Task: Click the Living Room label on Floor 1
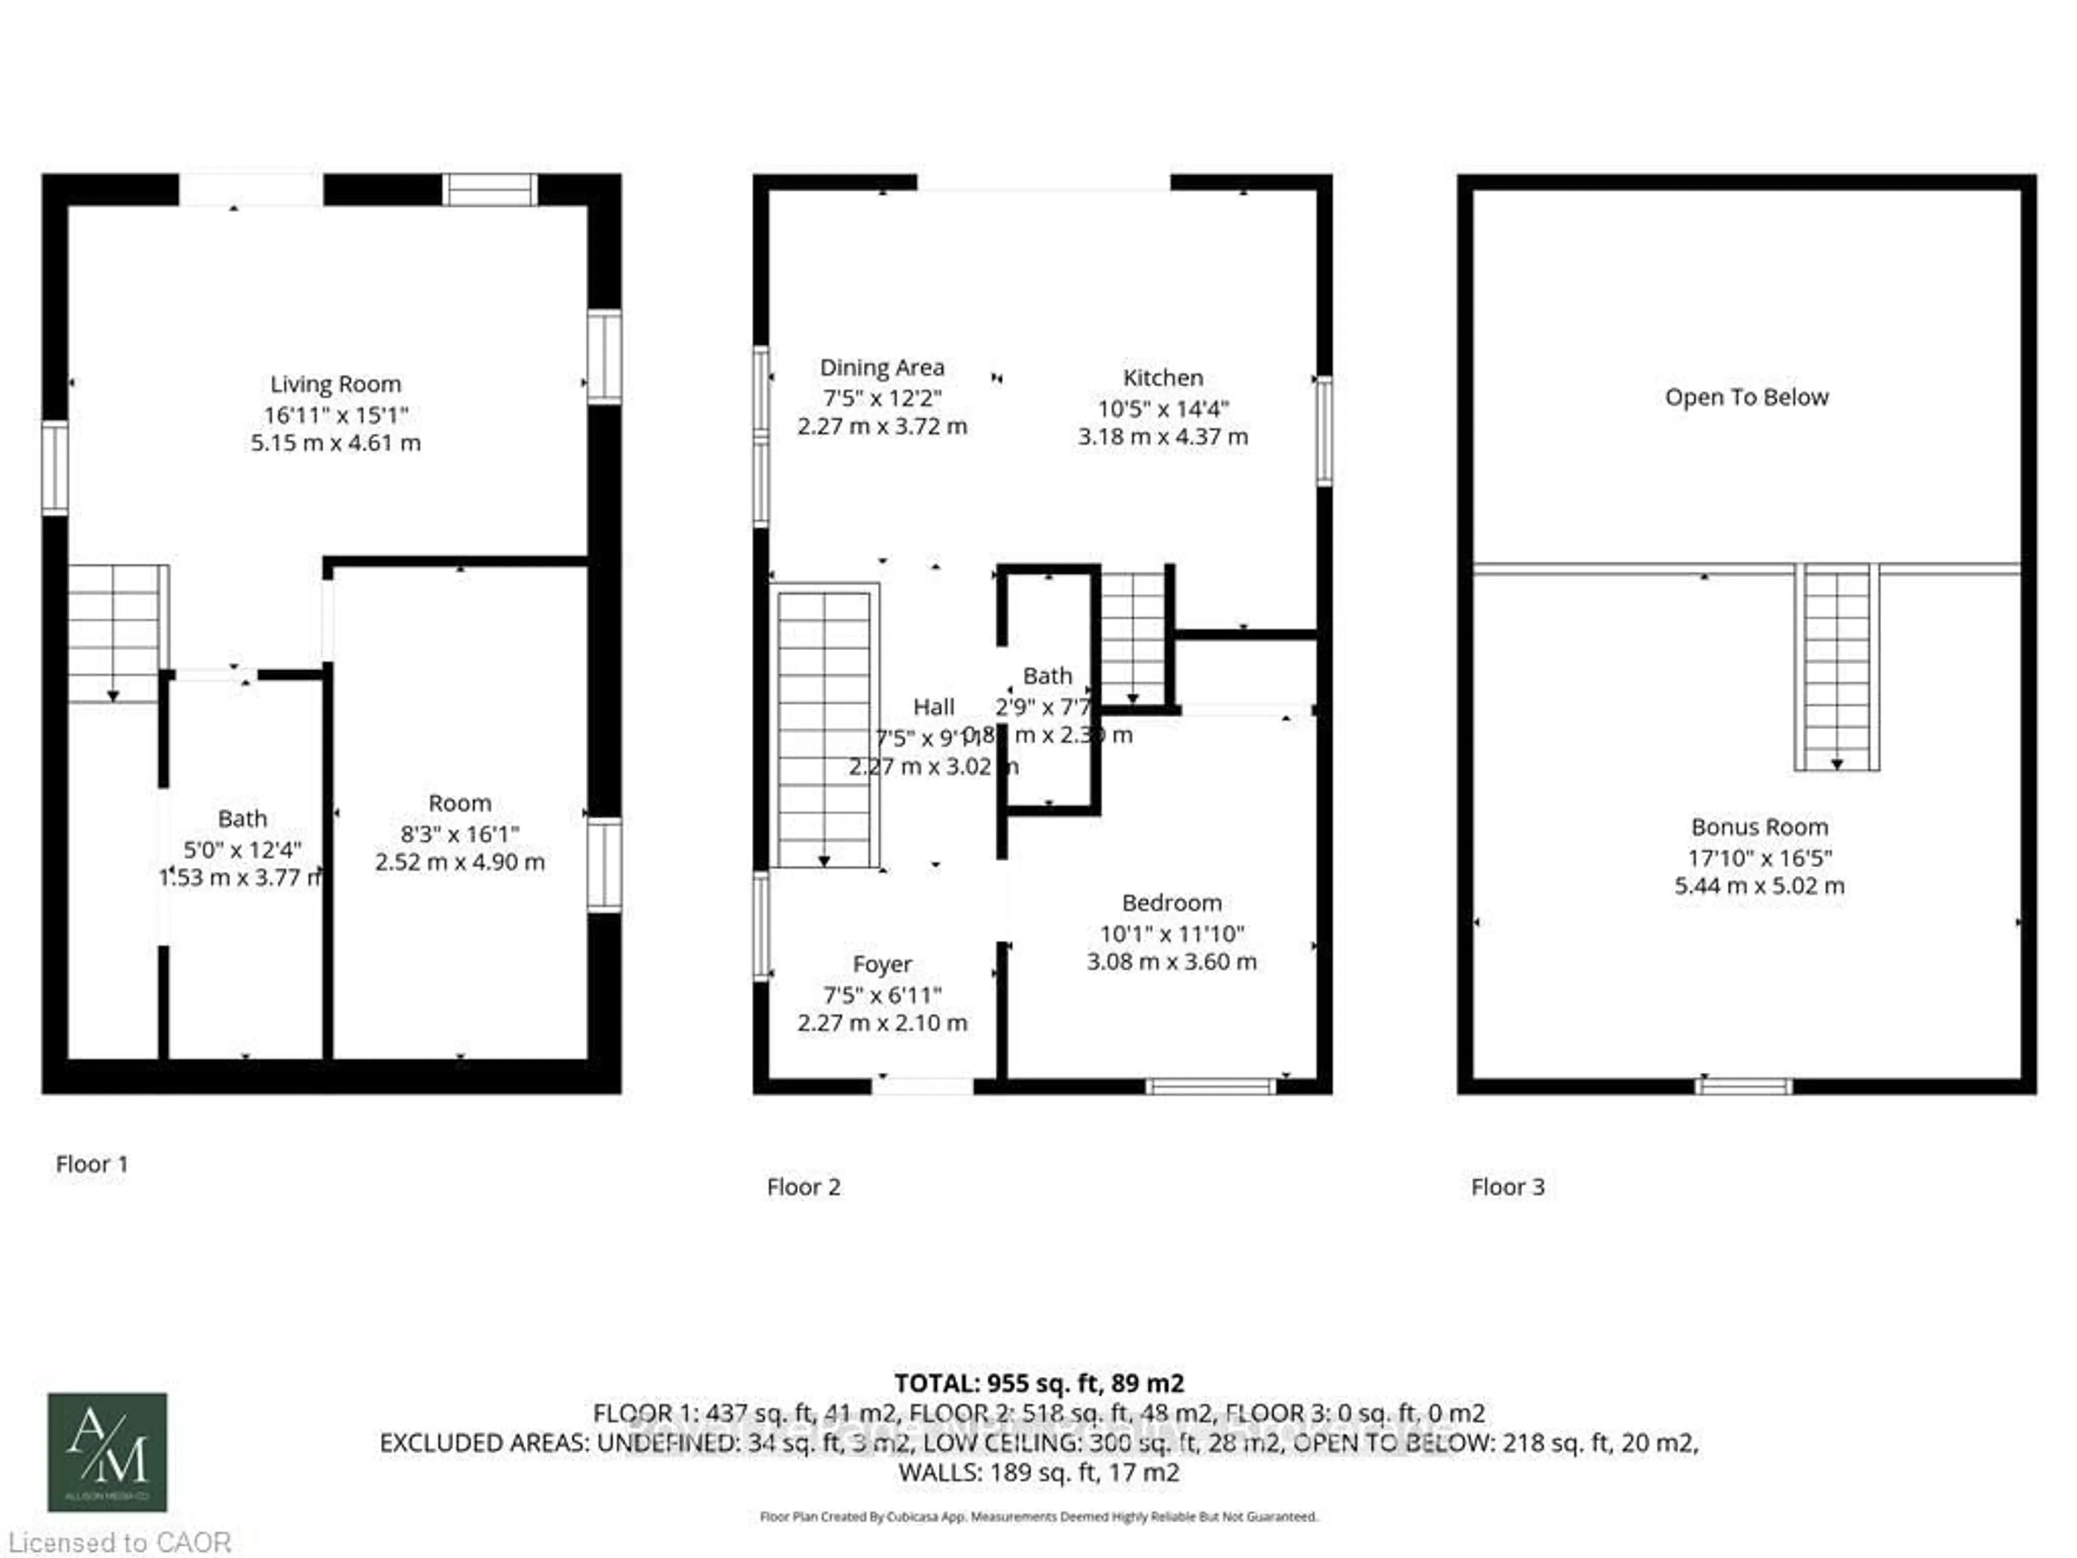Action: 335,384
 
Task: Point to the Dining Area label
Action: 882,367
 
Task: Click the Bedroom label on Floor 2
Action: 1172,902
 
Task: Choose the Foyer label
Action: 882,965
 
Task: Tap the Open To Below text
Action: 1747,397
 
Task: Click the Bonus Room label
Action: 1760,827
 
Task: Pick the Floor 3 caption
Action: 1507,1187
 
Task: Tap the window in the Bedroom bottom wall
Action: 1211,1087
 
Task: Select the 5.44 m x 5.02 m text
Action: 1760,886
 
